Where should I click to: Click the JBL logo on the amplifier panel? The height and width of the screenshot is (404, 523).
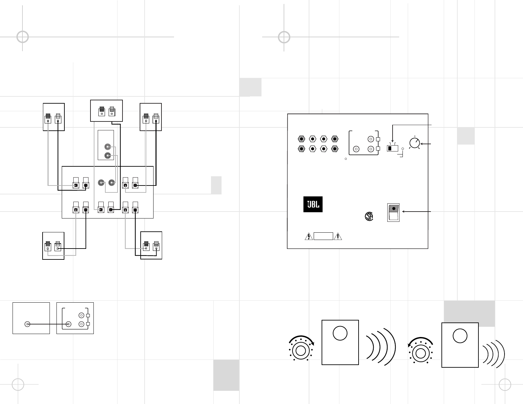point(313,205)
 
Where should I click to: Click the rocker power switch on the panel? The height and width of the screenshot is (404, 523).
point(393,212)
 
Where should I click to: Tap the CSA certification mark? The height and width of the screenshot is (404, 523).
point(369,216)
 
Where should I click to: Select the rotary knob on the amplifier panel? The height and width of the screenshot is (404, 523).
point(414,143)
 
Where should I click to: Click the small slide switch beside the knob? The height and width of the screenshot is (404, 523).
point(392,149)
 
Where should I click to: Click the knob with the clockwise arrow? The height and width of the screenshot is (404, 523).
point(300,351)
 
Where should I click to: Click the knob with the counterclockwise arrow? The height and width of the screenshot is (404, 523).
point(421,353)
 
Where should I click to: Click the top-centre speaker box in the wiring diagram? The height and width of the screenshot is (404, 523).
point(106,111)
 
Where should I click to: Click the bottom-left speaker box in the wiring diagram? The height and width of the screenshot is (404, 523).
point(53,246)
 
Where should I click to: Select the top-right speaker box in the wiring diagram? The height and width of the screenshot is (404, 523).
point(151,117)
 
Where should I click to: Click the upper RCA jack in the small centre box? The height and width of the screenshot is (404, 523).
point(108,147)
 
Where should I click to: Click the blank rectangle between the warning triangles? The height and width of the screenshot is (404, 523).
point(323,236)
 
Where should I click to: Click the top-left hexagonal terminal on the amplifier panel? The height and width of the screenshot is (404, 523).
point(301,139)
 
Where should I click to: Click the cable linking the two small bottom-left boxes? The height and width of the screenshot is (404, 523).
point(48,324)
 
